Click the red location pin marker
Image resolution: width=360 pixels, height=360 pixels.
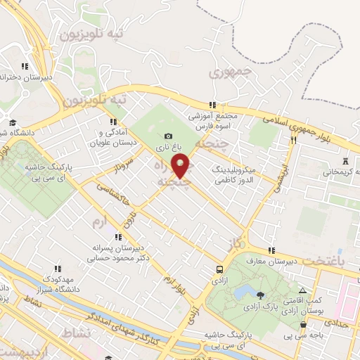(181, 165)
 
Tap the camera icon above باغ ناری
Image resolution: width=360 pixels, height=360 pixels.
(168, 136)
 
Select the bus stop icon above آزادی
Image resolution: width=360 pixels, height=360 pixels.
(220, 269)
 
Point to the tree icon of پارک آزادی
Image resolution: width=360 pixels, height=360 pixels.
(261, 295)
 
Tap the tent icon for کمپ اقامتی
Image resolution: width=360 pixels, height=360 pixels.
(302, 290)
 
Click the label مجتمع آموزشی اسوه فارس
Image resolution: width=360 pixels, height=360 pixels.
(213, 120)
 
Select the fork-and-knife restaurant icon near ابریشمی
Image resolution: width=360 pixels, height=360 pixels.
(293, 139)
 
